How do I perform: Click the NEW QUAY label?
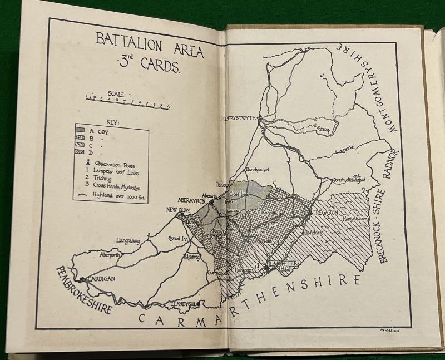(x=179, y=210)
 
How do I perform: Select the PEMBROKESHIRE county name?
(x=83, y=290)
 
